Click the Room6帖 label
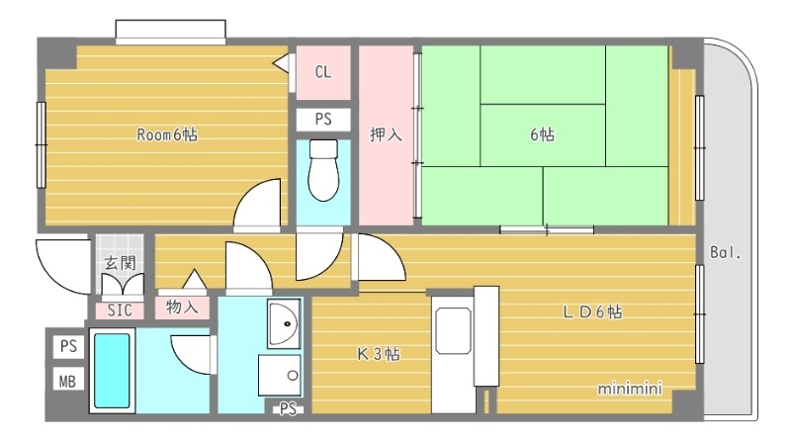[x=167, y=135]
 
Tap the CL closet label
[x=323, y=71]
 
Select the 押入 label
[x=386, y=134]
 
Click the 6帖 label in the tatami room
[x=541, y=135]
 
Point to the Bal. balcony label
[x=725, y=253]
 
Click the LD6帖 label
[x=592, y=312]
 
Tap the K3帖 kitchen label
[x=379, y=353]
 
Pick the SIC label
[x=121, y=309]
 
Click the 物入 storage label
[x=182, y=308]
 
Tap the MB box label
[x=67, y=380]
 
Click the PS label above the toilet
[x=323, y=119]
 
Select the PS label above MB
[x=67, y=346]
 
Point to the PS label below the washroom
[x=288, y=407]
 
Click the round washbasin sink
[x=285, y=322]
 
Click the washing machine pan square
[x=280, y=375]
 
